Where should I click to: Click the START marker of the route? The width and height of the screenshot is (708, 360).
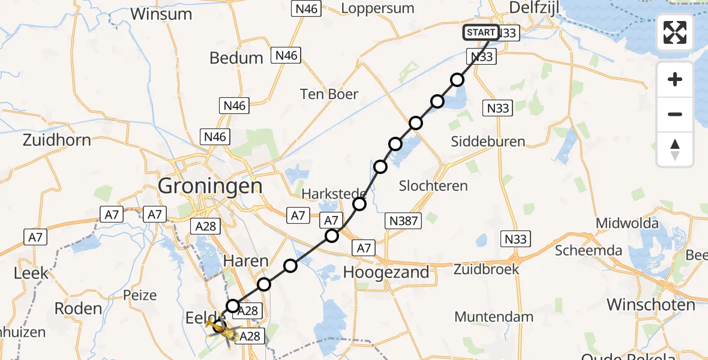[x=481, y=32]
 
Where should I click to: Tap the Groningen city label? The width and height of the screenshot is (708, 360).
[x=210, y=186]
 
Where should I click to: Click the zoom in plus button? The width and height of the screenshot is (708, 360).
[x=675, y=79]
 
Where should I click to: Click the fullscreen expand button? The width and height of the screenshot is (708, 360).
[x=675, y=32]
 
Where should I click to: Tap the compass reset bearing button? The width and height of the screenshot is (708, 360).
[x=675, y=149]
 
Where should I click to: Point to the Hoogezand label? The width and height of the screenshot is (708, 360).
[x=386, y=272]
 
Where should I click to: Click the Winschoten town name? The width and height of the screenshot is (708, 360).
[x=650, y=304]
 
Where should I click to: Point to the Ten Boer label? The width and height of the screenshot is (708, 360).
[x=329, y=94]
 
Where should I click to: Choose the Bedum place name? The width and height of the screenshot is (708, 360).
[x=236, y=58]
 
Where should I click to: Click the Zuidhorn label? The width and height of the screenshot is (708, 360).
[x=57, y=140]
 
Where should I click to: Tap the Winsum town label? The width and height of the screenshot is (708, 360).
[x=161, y=13]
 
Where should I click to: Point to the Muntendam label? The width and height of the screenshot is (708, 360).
[x=494, y=317]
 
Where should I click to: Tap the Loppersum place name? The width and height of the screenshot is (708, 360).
[x=377, y=8]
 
